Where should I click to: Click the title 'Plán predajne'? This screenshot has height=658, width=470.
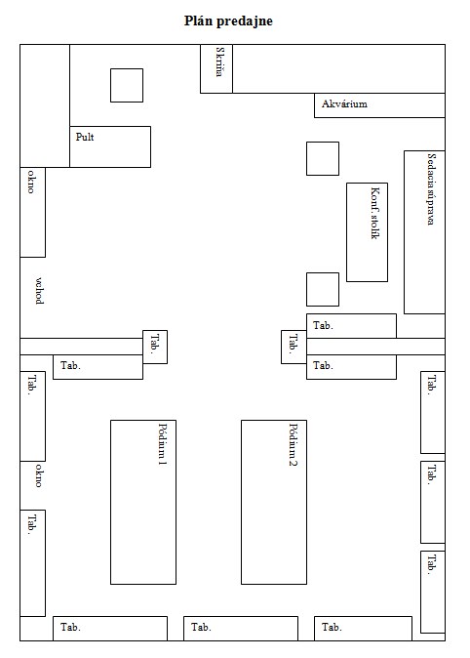(228, 21)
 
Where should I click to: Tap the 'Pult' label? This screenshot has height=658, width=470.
(85, 137)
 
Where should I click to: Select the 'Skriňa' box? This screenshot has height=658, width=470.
(216, 68)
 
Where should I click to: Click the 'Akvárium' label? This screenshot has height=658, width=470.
(344, 103)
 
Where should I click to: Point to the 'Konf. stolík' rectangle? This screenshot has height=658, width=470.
(367, 232)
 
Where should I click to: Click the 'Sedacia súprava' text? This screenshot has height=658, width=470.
(431, 188)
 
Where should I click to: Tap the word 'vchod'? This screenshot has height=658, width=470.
(39, 290)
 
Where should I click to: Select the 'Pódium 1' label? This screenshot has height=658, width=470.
(162, 444)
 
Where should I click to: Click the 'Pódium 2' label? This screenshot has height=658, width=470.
(294, 445)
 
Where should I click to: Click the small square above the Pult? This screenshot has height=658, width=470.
(127, 85)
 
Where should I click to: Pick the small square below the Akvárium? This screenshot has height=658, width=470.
(323, 158)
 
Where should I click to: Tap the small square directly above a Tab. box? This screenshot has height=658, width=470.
(323, 289)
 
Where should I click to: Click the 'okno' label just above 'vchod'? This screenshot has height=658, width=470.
(31, 182)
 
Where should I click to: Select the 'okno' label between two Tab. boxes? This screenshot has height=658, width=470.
(39, 475)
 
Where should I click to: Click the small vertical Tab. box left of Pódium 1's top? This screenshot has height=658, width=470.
(155, 347)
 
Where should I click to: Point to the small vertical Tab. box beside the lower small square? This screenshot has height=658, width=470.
(294, 347)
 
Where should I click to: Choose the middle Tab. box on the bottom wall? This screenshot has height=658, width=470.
(241, 628)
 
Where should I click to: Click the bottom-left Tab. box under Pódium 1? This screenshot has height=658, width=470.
(110, 628)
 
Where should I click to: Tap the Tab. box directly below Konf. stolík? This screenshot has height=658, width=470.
(351, 326)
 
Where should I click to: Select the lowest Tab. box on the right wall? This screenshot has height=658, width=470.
(433, 592)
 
